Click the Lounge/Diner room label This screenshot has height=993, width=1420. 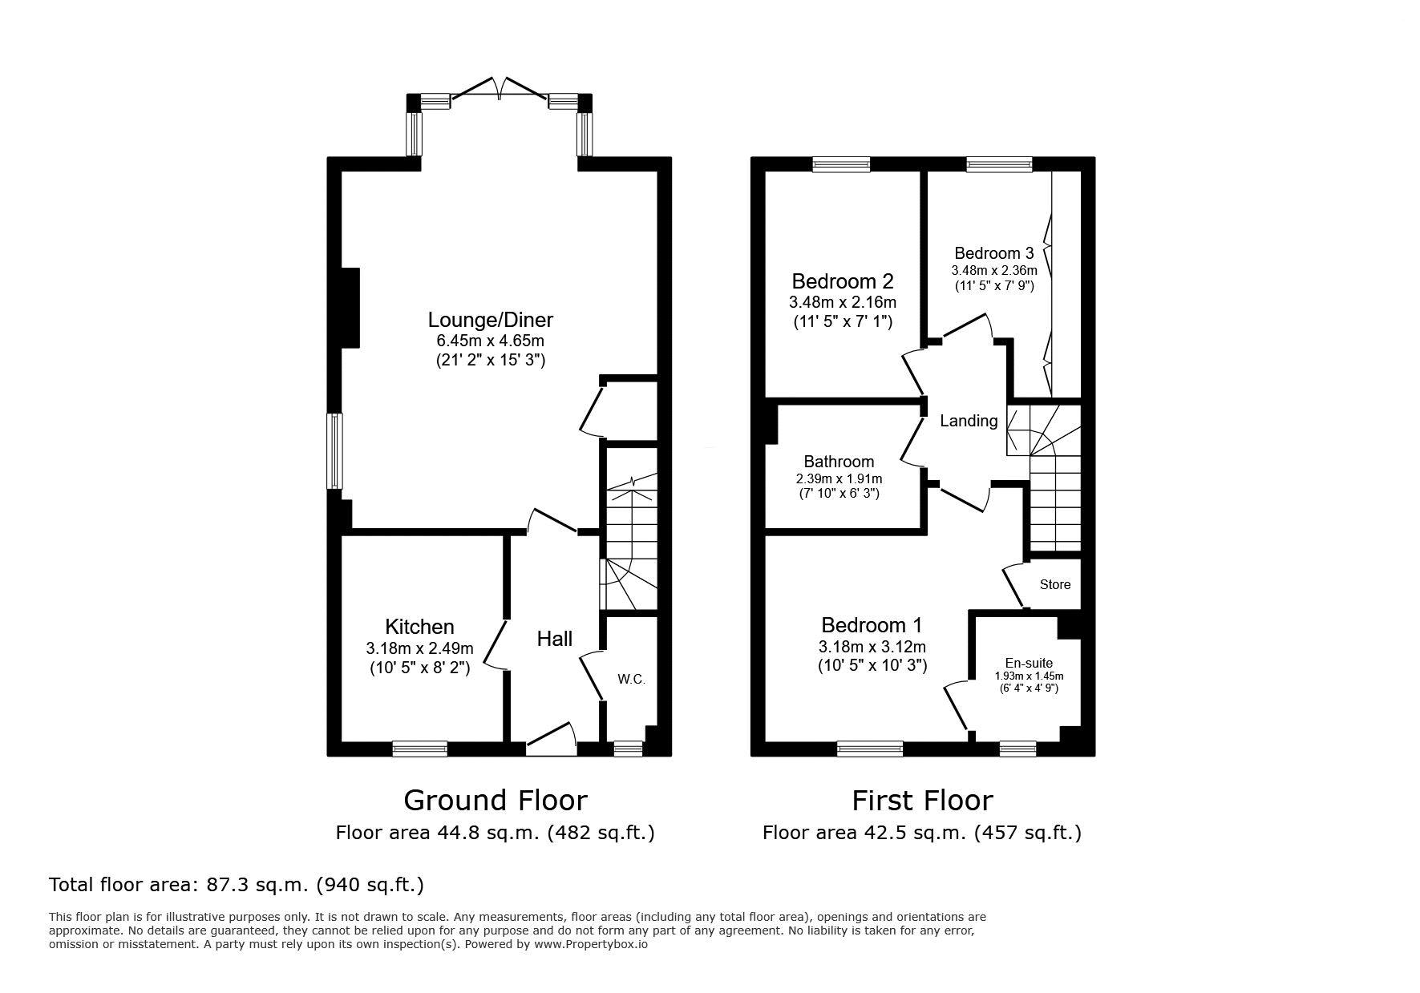491,321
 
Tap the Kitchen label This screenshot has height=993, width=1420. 419,627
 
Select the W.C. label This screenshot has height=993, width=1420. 631,680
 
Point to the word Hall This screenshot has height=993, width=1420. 555,639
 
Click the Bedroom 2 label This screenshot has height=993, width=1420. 843,281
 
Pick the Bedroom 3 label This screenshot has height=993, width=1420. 994,253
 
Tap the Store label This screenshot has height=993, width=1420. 1055,584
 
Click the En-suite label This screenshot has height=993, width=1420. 1029,663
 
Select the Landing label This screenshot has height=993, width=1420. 969,421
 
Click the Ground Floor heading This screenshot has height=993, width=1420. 496,800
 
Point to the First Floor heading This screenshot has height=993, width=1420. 922,800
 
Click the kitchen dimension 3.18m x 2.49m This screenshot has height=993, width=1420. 419,648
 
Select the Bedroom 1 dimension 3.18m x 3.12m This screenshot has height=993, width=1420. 872,646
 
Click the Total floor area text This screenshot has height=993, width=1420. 237,885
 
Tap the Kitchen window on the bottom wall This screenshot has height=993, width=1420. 420,749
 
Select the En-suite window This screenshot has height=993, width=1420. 1017,749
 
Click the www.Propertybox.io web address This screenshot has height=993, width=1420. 591,944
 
